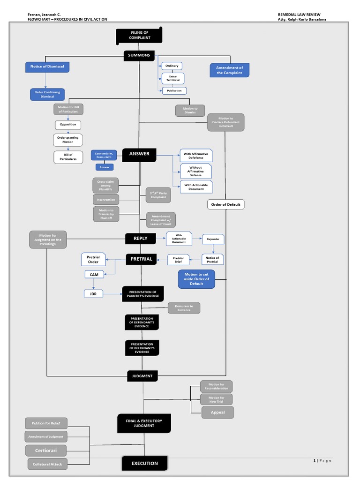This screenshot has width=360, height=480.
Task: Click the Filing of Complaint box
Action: tap(139, 35)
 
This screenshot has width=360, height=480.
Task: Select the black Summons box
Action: tap(139, 55)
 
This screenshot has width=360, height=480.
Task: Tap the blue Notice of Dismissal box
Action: tap(47, 67)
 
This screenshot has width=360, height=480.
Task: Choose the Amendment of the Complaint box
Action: tap(230, 70)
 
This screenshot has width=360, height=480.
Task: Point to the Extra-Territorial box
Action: tap(173, 78)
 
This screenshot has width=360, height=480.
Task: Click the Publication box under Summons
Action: tap(173, 90)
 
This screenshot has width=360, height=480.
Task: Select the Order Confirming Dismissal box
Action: tap(47, 94)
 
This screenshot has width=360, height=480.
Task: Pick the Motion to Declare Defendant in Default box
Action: tap(225, 122)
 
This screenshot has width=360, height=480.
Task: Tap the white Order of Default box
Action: tap(225, 204)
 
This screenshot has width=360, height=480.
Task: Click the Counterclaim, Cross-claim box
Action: tap(104, 155)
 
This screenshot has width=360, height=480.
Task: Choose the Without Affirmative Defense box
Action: tap(195, 171)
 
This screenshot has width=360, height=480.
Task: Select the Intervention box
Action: tap(106, 200)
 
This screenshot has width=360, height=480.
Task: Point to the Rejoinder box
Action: tap(213, 239)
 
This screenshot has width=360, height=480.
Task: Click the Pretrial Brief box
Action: tap(179, 259)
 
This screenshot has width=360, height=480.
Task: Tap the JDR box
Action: tap(93, 294)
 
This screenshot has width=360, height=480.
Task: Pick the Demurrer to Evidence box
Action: tap(184, 308)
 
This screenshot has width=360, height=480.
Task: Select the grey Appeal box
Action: tap(217, 412)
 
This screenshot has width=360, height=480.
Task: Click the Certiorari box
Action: tap(46, 450)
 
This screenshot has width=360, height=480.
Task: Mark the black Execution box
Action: tap(144, 463)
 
